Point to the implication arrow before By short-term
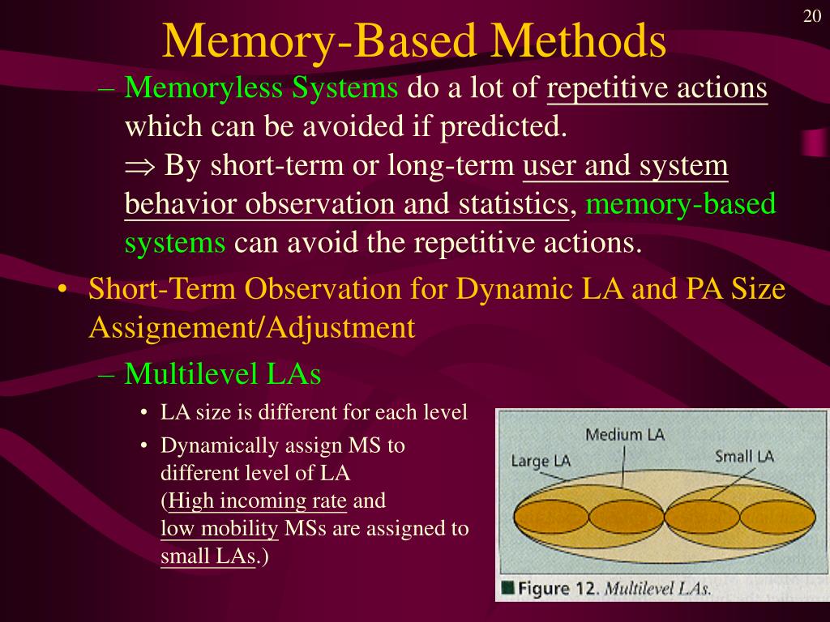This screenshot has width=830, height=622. (x=140, y=168)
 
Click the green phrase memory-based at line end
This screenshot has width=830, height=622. (x=681, y=204)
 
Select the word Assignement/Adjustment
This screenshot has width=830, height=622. (x=252, y=328)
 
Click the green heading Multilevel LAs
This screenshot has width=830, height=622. (x=223, y=374)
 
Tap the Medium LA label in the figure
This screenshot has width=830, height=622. (x=624, y=434)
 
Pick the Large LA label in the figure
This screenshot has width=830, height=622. (x=541, y=461)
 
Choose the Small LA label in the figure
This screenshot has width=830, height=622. (x=744, y=456)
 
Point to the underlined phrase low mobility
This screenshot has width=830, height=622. (x=220, y=529)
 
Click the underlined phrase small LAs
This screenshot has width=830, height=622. (x=207, y=556)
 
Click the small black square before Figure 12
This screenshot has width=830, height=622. (x=508, y=588)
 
